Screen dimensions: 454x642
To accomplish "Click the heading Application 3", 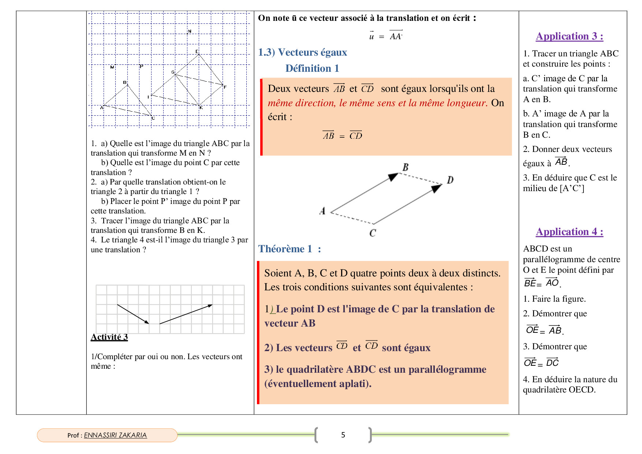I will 569,36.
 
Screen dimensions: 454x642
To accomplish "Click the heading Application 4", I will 569,232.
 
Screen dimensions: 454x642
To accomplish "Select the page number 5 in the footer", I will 343,435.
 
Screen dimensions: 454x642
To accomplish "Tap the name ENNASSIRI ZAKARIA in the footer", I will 115,435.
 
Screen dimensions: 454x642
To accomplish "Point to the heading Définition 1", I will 312,68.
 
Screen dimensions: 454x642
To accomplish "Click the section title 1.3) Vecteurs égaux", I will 302,52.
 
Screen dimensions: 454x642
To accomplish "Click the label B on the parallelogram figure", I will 406,167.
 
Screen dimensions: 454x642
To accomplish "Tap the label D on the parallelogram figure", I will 450,180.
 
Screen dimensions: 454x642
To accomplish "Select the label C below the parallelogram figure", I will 373,233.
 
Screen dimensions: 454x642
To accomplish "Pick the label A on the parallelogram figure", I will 322,211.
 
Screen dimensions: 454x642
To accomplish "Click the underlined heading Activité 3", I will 109,337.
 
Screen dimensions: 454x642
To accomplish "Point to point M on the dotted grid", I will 112,67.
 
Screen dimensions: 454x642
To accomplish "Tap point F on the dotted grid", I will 225,87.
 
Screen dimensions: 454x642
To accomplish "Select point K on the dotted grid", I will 201,107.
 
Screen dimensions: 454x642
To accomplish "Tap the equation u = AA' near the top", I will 385,36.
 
